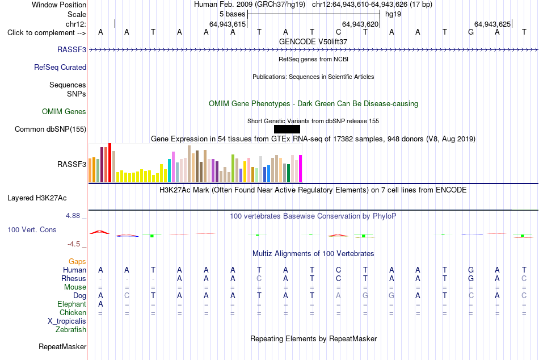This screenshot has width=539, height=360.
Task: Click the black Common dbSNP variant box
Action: tap(287, 129)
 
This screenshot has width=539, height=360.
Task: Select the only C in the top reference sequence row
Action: tap(339, 32)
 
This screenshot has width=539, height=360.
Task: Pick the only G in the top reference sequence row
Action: tap(471, 32)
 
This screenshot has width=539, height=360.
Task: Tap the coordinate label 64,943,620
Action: tap(360, 24)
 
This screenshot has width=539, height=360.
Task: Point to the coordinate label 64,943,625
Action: tap(492, 24)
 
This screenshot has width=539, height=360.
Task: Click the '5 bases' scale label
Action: tap(233, 14)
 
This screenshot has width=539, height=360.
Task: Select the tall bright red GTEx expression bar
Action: tap(110, 162)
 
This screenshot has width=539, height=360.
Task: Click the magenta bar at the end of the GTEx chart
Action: tap(301, 169)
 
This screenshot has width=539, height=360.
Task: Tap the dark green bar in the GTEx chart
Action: tap(288, 173)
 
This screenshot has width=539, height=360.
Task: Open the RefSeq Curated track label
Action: tap(60, 67)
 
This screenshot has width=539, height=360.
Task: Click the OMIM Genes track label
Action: tap(64, 111)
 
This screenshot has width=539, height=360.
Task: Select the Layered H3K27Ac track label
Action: tap(37, 198)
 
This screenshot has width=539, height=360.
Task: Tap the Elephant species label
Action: tap(72, 304)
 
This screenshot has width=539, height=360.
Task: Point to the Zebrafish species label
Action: tap(71, 329)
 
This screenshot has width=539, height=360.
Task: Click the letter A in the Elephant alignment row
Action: tap(100, 304)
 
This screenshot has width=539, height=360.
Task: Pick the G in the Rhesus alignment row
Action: tap(471, 278)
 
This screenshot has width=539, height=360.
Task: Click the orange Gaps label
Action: tap(77, 262)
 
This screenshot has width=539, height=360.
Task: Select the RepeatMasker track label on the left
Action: tap(62, 346)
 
